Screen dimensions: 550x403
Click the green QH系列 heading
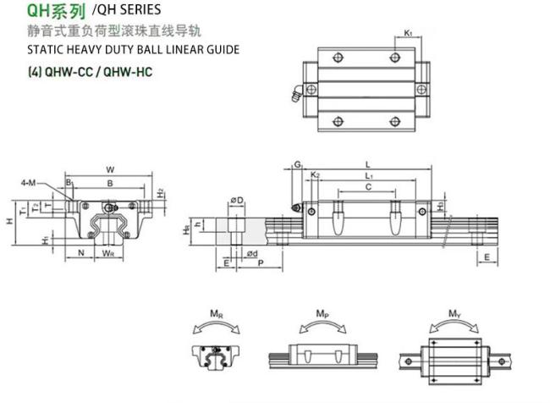pyautogui.click(x=56, y=10)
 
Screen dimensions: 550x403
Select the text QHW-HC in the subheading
pyautogui.click(x=128, y=72)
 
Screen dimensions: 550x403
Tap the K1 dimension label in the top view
pyautogui.click(x=408, y=33)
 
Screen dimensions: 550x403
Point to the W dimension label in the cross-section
pyautogui.click(x=110, y=170)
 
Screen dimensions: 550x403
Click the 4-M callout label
pyautogui.click(x=28, y=183)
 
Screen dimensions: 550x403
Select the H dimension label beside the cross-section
pyautogui.click(x=9, y=221)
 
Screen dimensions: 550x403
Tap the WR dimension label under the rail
pyautogui.click(x=107, y=253)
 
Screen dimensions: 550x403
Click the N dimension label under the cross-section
pyautogui.click(x=81, y=253)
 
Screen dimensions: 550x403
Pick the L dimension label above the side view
pyautogui.click(x=367, y=164)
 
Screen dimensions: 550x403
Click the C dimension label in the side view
pyautogui.click(x=368, y=187)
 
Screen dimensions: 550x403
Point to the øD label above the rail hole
pyautogui.click(x=237, y=201)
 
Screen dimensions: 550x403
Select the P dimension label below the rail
pyautogui.click(x=261, y=262)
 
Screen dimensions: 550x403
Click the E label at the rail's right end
pyautogui.click(x=487, y=257)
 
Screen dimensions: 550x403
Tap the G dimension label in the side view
pyautogui.click(x=298, y=164)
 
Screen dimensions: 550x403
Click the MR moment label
pyautogui.click(x=217, y=313)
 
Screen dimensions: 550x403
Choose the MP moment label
pyautogui.click(x=322, y=313)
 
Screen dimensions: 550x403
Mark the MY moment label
pyautogui.click(x=454, y=313)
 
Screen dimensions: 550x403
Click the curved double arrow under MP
pyautogui.click(x=322, y=323)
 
